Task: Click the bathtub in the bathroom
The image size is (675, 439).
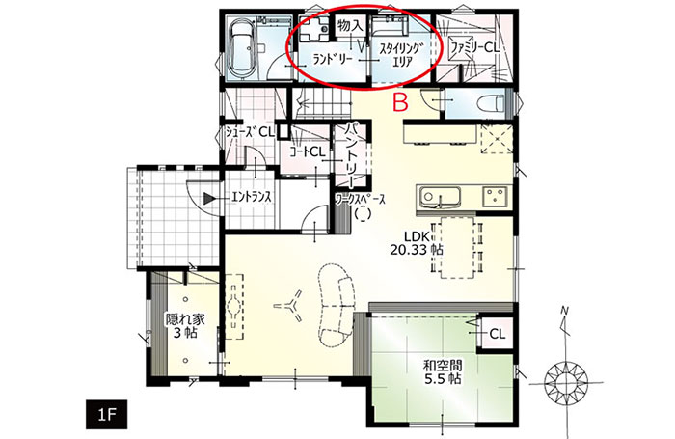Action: [241, 48]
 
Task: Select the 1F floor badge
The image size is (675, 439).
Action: [106, 415]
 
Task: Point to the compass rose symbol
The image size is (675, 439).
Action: [564, 382]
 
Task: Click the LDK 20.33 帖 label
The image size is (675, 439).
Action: [417, 242]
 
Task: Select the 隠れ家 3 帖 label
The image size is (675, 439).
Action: [185, 326]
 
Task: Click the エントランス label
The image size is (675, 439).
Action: [252, 198]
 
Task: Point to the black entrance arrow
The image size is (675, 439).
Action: [210, 198]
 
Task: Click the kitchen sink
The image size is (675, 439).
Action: [439, 198]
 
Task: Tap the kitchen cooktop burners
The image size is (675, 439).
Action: [495, 196]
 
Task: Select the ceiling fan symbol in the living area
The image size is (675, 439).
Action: [290, 307]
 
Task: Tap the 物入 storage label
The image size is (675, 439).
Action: [350, 27]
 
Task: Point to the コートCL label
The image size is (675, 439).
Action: [307, 152]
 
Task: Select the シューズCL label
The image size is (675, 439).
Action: [250, 133]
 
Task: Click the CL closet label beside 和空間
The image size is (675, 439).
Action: [498, 334]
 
